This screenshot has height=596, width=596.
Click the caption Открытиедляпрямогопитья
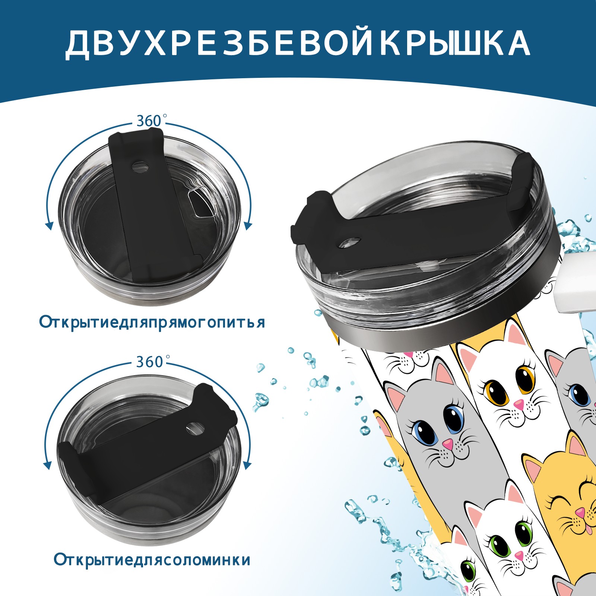click(x=152, y=323)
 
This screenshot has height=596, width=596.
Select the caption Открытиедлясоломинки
click(x=152, y=560)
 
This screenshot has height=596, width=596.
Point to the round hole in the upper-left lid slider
click(x=140, y=167)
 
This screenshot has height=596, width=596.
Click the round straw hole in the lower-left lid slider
click(x=194, y=428)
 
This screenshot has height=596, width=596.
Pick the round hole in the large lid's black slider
click(x=351, y=242)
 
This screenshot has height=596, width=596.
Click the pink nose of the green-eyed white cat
click(x=519, y=555)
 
